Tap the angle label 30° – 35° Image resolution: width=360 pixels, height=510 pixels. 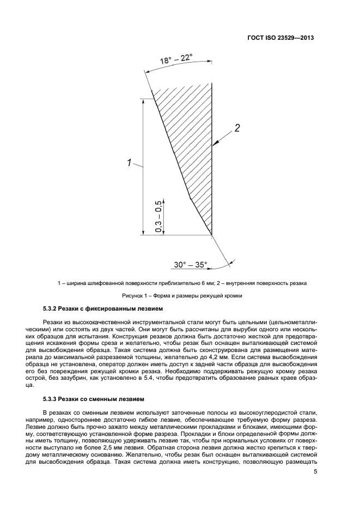point(191,265)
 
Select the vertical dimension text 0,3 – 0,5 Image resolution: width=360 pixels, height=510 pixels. point(158,216)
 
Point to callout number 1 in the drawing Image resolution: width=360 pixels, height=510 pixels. point(129,162)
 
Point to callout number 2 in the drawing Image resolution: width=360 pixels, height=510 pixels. point(237,129)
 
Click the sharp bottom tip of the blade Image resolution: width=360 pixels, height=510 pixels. point(211,235)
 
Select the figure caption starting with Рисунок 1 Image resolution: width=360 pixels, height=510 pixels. point(181,296)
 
